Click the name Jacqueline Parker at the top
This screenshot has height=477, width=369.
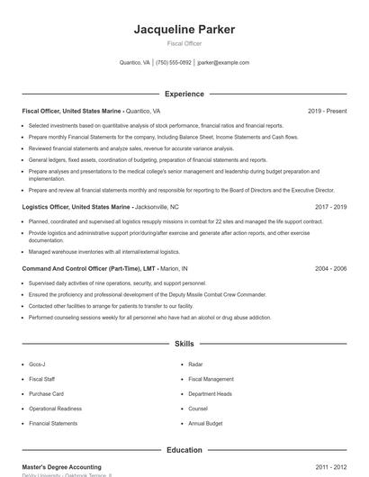click(184, 29)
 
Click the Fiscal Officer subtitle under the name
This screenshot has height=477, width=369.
click(184, 43)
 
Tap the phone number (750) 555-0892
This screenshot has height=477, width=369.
click(174, 63)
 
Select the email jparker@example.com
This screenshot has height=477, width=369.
click(223, 63)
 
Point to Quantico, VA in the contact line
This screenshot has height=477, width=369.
click(135, 63)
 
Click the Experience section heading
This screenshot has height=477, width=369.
click(184, 94)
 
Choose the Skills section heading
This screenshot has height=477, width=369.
click(184, 344)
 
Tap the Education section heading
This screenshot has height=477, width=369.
click(184, 450)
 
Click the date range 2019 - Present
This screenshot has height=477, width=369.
click(327, 112)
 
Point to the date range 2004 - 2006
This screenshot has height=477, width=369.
click(330, 268)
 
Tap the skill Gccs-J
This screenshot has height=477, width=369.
click(37, 364)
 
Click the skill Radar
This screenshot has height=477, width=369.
click(195, 364)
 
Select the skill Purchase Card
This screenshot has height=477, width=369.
click(46, 393)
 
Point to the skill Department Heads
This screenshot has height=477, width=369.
click(211, 393)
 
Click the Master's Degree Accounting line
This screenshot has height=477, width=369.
click(62, 467)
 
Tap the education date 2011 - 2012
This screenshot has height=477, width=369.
click(330, 467)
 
